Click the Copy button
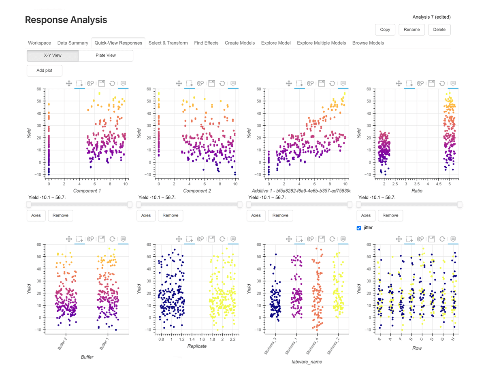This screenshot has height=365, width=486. pos(385,30)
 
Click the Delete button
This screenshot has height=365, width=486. pos(439,30)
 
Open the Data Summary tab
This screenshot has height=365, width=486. pos(72,43)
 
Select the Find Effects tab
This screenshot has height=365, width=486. pos(206,43)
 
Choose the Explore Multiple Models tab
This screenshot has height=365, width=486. pos(321,43)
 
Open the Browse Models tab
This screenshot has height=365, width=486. pos(368,43)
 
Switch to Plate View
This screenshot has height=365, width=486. pos(106,56)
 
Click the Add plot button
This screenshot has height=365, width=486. pos(45,71)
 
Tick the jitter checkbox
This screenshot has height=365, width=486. pos(359,228)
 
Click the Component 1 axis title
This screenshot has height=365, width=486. pos(87,191)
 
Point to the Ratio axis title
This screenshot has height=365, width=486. pos(417,191)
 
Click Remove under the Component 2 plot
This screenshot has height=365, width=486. pos(170,215)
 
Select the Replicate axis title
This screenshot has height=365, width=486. pos(197,346)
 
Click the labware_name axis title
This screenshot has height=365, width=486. pos(307,361)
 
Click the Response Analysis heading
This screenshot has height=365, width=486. pos(66,20)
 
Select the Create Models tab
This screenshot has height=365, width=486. pos(240,43)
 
